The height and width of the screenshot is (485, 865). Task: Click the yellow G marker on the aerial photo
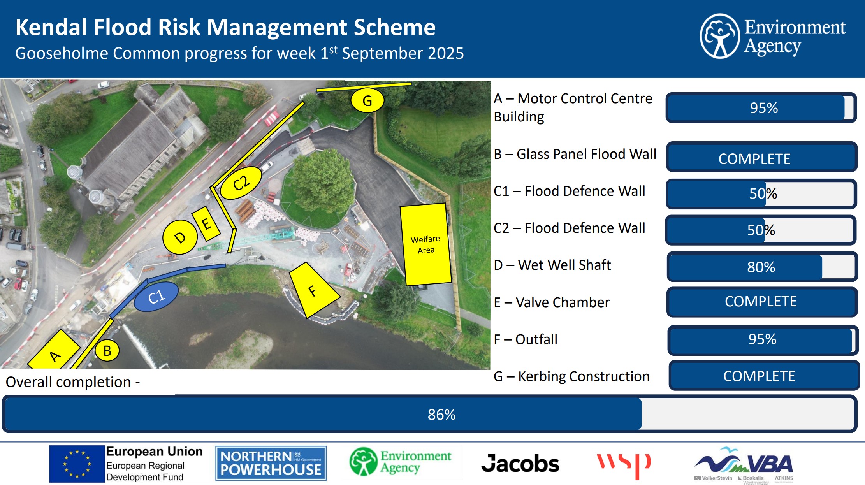coord(367,100)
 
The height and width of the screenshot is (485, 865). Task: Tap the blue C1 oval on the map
coord(156,297)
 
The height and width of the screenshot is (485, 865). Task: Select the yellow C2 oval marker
coord(241,183)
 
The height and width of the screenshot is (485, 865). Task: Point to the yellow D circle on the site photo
coord(180,237)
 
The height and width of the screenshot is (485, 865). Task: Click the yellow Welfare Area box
coord(425,244)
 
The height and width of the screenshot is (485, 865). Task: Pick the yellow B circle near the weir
coord(107,350)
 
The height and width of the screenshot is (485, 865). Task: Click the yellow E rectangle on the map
coord(206,223)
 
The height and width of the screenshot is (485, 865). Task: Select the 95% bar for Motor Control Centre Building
coord(761,108)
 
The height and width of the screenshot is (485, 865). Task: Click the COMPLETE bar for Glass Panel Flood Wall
coord(762,157)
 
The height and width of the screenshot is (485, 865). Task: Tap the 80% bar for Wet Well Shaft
coord(762,267)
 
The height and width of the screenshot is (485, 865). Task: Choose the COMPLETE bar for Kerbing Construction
coord(764,376)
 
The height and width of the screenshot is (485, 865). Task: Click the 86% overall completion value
coord(441,415)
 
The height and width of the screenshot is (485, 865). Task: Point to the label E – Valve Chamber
coord(552,302)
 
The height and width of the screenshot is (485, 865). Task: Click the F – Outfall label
coord(526,339)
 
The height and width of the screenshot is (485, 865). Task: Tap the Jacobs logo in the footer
coord(520,464)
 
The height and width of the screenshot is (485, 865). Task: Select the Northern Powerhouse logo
coord(271,463)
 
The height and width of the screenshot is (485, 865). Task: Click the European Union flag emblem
coord(77,464)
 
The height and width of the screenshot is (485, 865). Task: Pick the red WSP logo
coord(624,465)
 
